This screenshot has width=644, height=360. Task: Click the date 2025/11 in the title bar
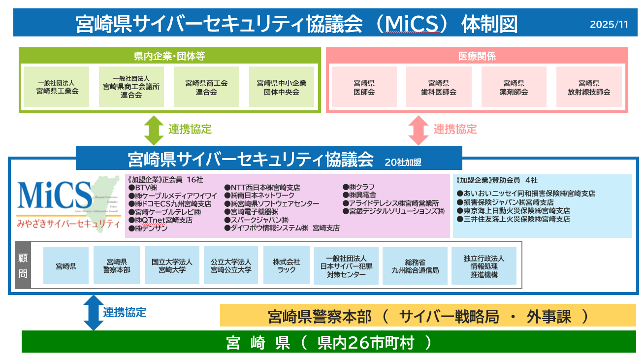coord(609,25)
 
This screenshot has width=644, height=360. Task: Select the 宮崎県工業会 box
coord(57,87)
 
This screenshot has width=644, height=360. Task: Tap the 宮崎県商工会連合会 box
coord(206,87)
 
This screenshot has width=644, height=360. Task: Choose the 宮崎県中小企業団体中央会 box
coord(281,87)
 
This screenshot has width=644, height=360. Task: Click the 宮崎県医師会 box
coord(364,87)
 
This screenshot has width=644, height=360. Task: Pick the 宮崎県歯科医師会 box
coord(439,87)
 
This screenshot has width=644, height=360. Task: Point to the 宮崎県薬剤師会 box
coord(514,87)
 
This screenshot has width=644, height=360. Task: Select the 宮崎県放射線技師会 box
coord(588,87)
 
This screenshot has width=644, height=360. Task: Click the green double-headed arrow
coord(153,130)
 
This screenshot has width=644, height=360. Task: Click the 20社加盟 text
coord(403,162)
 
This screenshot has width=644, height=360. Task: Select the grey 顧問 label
coord(23,265)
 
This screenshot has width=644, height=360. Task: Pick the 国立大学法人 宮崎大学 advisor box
coord(172,265)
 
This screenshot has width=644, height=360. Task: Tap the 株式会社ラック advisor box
coord(286,265)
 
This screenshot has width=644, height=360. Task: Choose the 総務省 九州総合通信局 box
coord(415,266)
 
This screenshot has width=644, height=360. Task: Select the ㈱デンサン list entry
coord(149,229)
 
